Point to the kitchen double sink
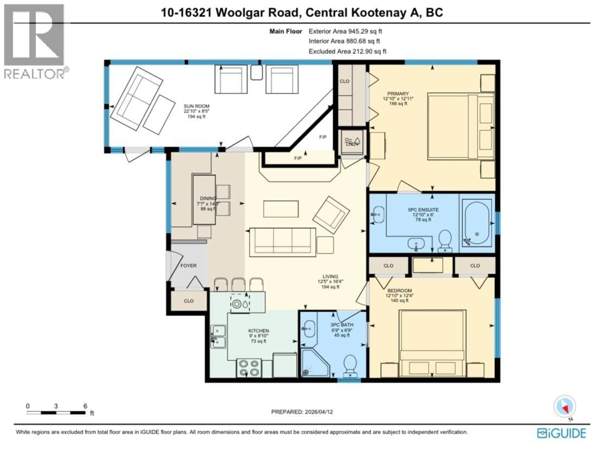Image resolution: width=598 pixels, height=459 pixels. (218, 337)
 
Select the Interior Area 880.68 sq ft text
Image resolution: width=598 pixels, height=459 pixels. (344, 41)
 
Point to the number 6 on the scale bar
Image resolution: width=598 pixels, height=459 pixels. (85, 406)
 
